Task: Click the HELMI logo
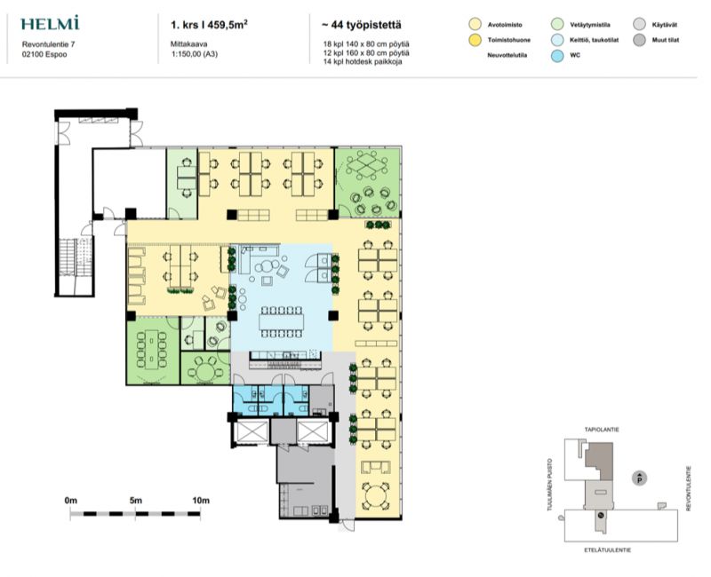point(50,23)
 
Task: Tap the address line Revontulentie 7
point(49,44)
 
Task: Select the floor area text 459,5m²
point(228,25)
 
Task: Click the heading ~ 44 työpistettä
point(362,25)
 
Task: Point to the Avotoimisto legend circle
point(475,25)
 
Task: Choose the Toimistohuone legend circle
point(475,40)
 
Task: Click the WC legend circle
point(557,55)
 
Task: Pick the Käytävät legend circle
point(639,25)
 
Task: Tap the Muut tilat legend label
point(665,40)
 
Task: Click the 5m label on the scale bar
point(136,501)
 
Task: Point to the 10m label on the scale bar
point(201,501)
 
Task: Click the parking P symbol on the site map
point(639,478)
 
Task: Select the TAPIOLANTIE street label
point(602,430)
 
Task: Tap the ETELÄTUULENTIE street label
point(608,549)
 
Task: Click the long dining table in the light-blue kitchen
point(281,322)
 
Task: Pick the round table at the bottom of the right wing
point(373,494)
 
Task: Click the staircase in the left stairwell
point(76,257)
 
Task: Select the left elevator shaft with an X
point(252,431)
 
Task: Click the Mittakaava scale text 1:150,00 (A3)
point(194,54)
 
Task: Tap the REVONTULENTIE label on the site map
point(688,489)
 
